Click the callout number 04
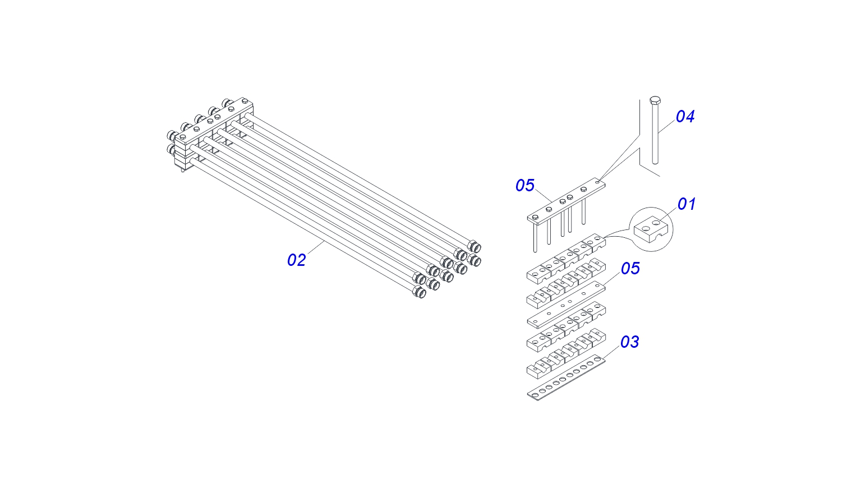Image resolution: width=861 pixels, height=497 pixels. [x=685, y=117]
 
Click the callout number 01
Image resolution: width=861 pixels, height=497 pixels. [x=686, y=204]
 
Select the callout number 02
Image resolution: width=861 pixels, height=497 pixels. [x=296, y=260]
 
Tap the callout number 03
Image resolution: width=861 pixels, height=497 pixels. [x=629, y=342]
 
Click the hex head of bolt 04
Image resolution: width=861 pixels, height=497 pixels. [x=655, y=101]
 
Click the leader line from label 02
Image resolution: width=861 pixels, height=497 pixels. [x=316, y=248]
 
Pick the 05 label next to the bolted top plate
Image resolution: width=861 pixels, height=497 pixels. [x=525, y=186]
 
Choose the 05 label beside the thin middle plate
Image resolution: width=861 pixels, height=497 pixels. [x=630, y=269]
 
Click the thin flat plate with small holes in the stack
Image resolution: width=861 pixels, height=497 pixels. [x=567, y=306]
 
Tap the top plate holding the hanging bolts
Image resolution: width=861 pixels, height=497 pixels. [x=567, y=201]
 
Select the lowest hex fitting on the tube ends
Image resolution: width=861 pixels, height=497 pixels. [x=419, y=292]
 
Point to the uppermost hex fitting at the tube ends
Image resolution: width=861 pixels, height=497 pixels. [x=475, y=247]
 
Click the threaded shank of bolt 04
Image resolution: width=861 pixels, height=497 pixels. [x=655, y=135]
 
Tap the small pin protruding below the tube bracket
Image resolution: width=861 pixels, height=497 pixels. [x=182, y=169]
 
